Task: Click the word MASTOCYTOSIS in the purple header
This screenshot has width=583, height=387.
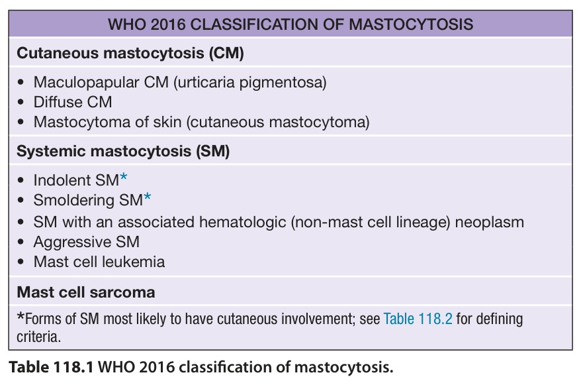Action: [411, 25]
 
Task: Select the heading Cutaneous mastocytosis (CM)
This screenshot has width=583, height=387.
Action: [130, 53]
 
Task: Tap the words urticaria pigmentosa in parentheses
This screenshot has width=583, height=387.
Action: [250, 82]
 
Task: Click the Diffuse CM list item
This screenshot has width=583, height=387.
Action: [73, 102]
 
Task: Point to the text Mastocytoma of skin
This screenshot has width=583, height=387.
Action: [107, 122]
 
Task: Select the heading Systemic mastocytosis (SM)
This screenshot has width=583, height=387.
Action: [123, 151]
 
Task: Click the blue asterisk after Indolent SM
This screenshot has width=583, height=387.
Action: [124, 177]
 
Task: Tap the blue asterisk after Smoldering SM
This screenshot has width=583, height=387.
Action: [148, 197]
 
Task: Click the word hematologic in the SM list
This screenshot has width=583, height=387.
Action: [242, 223]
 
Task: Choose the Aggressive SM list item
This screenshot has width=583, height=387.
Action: [86, 242]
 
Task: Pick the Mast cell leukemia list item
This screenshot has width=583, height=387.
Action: [99, 262]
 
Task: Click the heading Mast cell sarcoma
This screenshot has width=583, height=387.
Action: [86, 292]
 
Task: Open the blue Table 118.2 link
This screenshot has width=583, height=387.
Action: [418, 319]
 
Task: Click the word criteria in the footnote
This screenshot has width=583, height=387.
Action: [38, 337]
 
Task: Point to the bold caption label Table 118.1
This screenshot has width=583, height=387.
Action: [51, 367]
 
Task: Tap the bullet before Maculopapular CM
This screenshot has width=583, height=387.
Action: [21, 82]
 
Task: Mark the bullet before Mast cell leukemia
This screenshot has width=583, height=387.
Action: [21, 262]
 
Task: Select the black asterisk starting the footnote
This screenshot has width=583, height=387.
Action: [21, 317]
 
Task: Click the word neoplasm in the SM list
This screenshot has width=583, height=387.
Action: [489, 223]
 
